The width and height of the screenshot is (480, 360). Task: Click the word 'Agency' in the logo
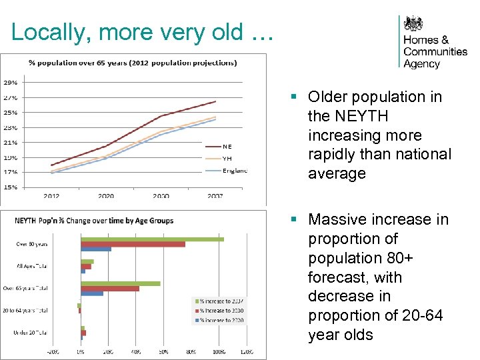421,64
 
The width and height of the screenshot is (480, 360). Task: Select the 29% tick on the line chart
11,83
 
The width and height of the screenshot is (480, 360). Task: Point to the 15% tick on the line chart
11,187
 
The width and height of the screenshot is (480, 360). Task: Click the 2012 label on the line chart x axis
51,196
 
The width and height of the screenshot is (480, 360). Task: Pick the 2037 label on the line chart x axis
215,196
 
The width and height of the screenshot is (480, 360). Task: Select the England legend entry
234,171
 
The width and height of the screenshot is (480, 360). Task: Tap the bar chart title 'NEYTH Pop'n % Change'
94,221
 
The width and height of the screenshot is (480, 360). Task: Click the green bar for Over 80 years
152,239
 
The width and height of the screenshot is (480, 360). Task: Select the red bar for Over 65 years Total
110,289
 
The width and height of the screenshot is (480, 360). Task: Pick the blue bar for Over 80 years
96,249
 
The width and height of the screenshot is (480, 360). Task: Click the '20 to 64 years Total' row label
25,310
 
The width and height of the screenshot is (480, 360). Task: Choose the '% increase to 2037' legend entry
221,301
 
